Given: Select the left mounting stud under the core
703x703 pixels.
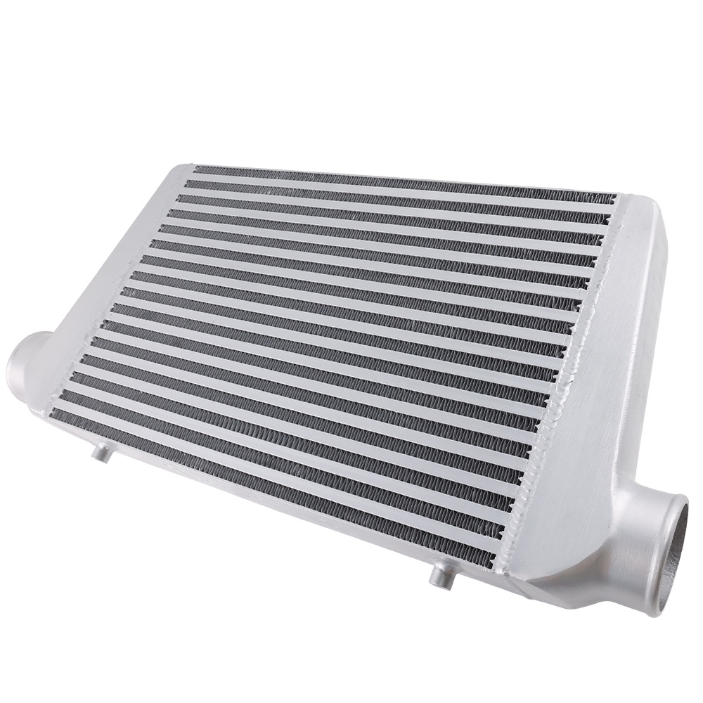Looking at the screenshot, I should [103, 453].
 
